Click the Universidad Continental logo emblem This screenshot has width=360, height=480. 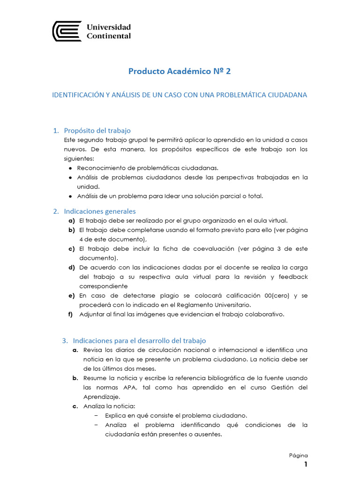[x=67, y=31]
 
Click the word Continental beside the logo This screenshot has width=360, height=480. [x=109, y=36]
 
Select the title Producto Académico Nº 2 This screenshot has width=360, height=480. [x=180, y=71]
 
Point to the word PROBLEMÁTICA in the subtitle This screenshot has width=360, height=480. [x=248, y=95]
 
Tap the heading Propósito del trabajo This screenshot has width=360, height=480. [x=97, y=130]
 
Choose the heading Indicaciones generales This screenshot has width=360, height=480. [x=100, y=211]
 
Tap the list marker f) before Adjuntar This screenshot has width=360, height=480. [x=72, y=314]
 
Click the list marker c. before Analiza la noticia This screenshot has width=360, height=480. [x=75, y=406]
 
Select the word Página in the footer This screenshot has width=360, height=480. [x=298, y=455]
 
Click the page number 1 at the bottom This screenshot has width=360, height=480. [x=306, y=465]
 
